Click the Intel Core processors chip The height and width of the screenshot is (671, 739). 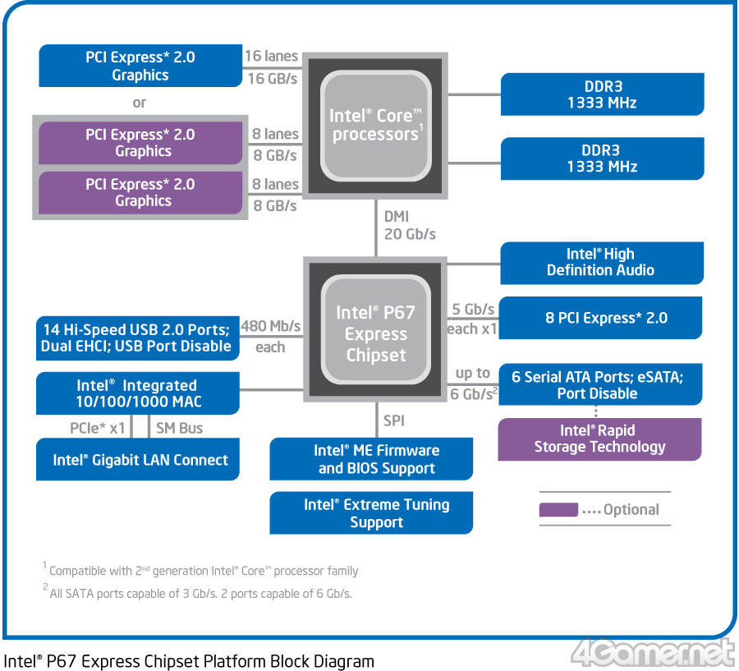coord(375,126)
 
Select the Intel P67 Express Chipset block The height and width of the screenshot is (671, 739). coord(375,329)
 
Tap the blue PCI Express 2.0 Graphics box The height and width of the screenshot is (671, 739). coord(140,66)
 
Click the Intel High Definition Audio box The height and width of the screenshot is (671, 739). coord(602,263)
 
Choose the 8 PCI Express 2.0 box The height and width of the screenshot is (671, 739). coord(600,318)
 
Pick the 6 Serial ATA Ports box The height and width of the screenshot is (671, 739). coord(600,384)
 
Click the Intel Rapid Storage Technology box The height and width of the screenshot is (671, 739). coord(599,439)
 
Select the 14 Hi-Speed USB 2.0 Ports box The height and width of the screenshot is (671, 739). coord(138,338)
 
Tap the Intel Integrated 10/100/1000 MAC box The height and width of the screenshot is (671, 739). coord(138,393)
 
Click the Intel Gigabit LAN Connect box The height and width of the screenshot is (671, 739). coord(138,459)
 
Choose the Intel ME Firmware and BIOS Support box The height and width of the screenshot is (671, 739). coord(371,459)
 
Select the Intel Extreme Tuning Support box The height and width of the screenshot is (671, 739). coord(371,512)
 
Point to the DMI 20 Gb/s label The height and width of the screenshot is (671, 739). coord(410,225)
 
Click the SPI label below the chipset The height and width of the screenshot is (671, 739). coord(394,421)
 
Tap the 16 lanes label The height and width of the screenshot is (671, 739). coord(272,56)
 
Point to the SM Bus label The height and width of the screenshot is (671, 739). coord(180,428)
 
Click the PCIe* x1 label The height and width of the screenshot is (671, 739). coord(98,428)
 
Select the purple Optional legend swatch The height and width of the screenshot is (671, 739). coord(558,509)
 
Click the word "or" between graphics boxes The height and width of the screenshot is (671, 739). coord(139,103)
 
